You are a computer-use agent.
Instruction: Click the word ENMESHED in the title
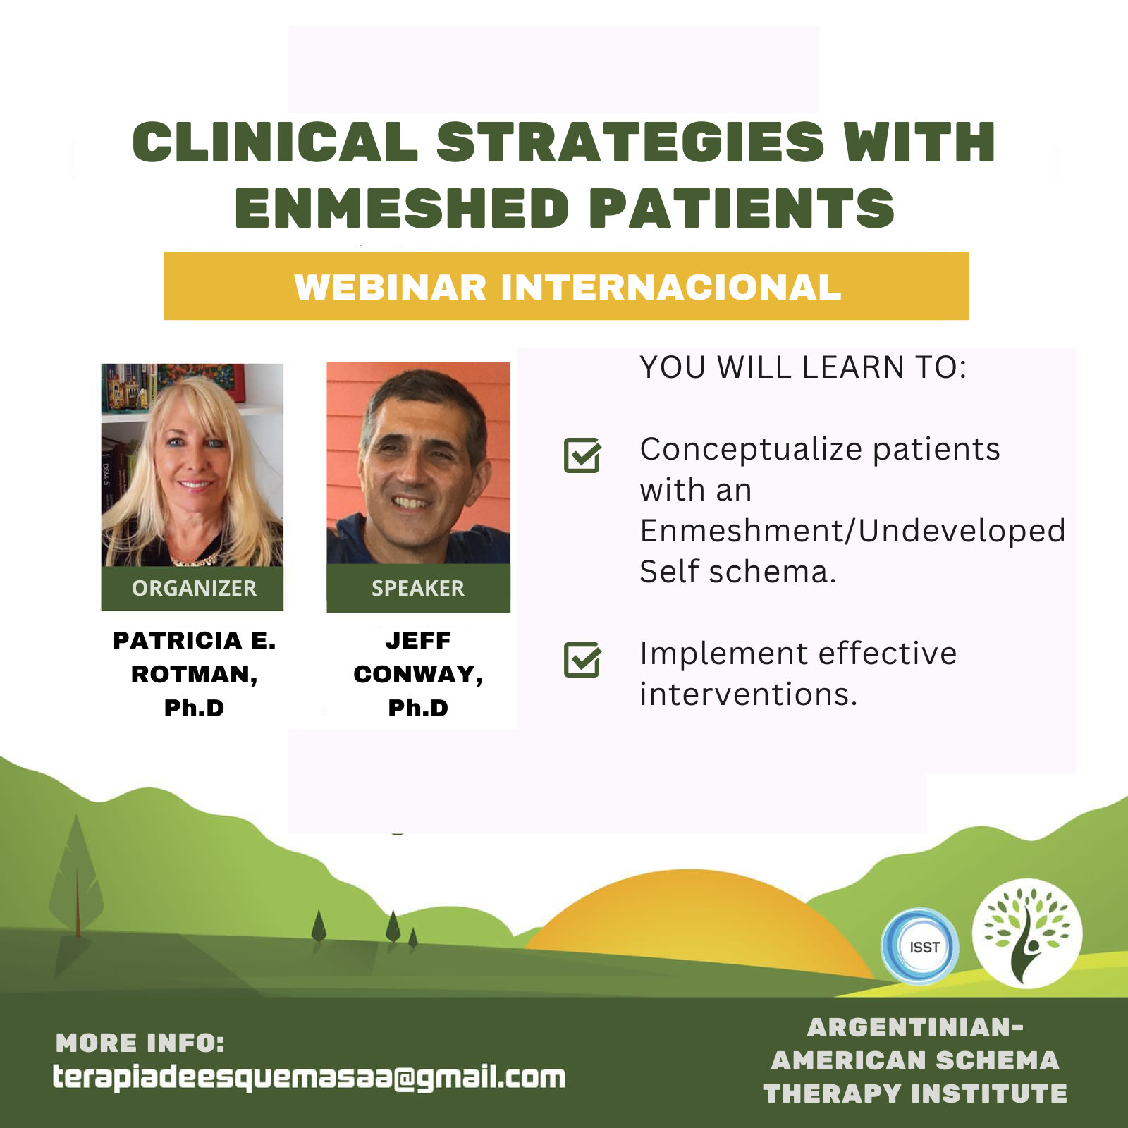(x=402, y=209)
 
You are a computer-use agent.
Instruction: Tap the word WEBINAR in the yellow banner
(x=391, y=287)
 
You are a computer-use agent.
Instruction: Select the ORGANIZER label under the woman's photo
(x=194, y=588)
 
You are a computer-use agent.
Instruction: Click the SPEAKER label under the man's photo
(x=418, y=588)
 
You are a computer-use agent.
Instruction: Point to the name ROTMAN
(x=194, y=675)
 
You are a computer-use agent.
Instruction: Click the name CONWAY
(x=418, y=675)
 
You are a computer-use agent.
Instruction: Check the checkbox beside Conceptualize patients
(x=582, y=455)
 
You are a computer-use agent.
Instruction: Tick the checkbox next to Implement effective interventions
(x=582, y=660)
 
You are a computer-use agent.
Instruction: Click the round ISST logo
(x=921, y=946)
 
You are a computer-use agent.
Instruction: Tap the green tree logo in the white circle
(x=1027, y=933)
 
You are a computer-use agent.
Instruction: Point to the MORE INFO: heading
(x=140, y=1043)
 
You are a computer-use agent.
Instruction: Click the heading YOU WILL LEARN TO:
(x=803, y=367)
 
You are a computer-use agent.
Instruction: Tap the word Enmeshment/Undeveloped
(x=852, y=531)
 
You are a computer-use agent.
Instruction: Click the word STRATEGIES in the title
(x=630, y=142)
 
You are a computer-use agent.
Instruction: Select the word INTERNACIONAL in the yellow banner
(x=671, y=287)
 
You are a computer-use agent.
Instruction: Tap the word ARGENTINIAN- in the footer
(x=915, y=1027)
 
